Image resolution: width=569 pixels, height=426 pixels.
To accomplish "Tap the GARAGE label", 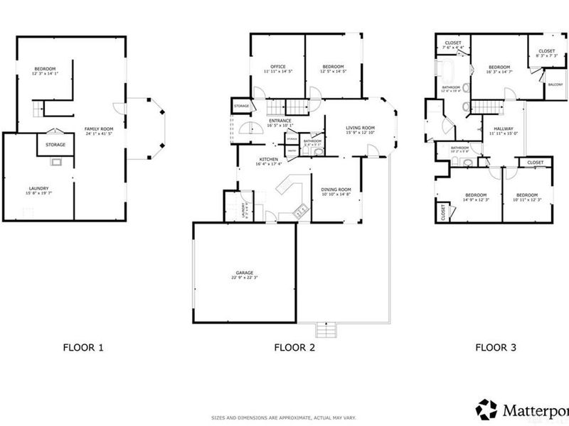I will pyautogui.click(x=245, y=272).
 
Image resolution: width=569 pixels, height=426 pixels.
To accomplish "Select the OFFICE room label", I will pyautogui.click(x=277, y=67).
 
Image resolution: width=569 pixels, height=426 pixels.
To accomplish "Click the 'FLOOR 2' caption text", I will pyautogui.click(x=294, y=348).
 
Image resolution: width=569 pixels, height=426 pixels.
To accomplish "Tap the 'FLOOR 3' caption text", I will pyautogui.click(x=496, y=348).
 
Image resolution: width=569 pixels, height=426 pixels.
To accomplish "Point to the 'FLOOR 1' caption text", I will pyautogui.click(x=83, y=348).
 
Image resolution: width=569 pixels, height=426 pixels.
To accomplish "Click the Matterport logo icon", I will pyautogui.click(x=486, y=410).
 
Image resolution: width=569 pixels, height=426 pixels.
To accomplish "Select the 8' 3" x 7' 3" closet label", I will pyautogui.click(x=546, y=55).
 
